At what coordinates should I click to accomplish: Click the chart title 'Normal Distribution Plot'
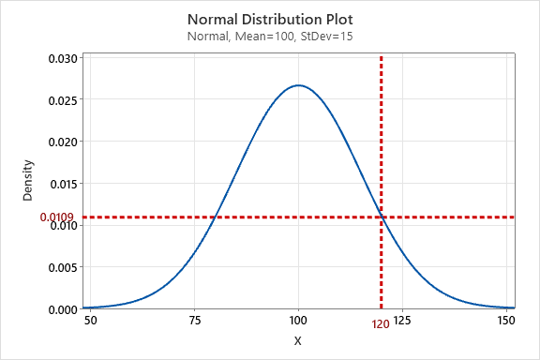[x=269, y=19]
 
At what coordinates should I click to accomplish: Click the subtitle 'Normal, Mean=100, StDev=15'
[x=269, y=37]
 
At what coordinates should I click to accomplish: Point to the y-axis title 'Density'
[x=28, y=181]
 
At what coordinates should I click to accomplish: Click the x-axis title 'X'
[x=298, y=341]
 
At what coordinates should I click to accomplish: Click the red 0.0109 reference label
[x=57, y=217]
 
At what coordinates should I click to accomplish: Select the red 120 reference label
[x=381, y=324]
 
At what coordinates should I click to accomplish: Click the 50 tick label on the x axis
[x=91, y=321]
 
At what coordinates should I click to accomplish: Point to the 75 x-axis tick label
[x=195, y=321]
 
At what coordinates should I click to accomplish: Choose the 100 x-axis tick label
[x=298, y=321]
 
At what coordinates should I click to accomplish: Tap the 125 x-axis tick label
[x=402, y=321]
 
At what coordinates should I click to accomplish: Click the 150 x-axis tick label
[x=506, y=321]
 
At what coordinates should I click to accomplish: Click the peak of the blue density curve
[x=298, y=85]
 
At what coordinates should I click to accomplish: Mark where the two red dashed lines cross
[x=382, y=217]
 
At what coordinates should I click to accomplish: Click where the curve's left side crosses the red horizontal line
[x=217, y=217]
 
